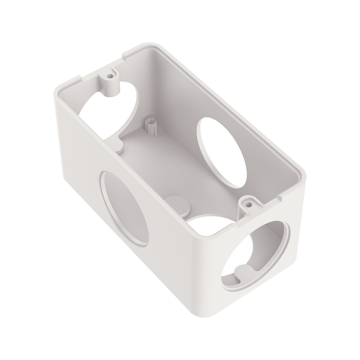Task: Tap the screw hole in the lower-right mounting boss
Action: pyautogui.click(x=247, y=204)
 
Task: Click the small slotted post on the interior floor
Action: pyautogui.click(x=152, y=125)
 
